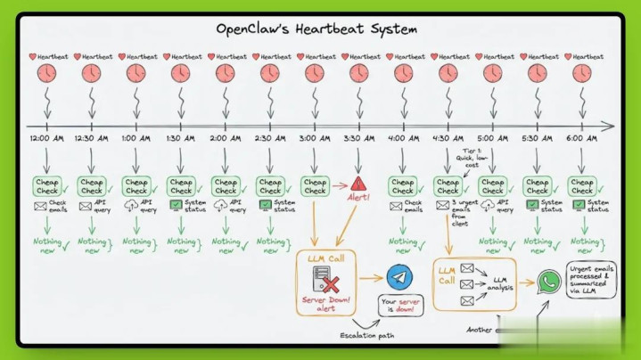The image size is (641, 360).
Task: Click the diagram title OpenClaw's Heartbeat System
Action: pyautogui.click(x=316, y=29)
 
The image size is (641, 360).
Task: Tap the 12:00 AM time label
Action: pyautogui.click(x=47, y=138)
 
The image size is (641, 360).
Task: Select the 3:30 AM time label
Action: pyautogui.click(x=358, y=138)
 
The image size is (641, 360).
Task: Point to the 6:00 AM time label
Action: pyautogui.click(x=582, y=138)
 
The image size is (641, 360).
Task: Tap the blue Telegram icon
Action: pyautogui.click(x=399, y=277)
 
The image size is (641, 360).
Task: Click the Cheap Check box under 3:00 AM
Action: pyautogui.click(x=314, y=185)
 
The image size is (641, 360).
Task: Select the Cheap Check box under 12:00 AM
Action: pyautogui.click(x=47, y=185)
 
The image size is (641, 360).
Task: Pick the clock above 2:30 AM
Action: pyautogui.click(x=269, y=73)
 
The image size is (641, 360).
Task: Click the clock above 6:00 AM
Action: pyautogui.click(x=582, y=73)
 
